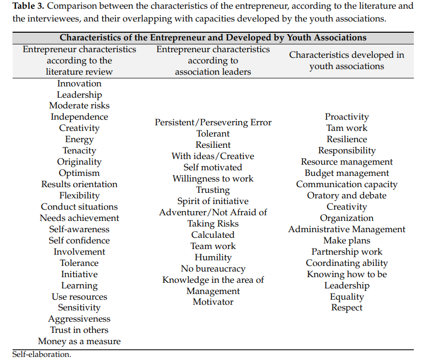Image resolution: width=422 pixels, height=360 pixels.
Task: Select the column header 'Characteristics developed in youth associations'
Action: [x=346, y=60]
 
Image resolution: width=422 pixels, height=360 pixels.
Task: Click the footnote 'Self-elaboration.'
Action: [x=42, y=354]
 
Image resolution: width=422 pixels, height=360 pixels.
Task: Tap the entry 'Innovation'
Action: [x=79, y=83]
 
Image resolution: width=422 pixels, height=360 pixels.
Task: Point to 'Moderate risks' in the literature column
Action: [x=79, y=106]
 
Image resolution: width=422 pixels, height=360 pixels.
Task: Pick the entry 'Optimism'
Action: [x=79, y=173]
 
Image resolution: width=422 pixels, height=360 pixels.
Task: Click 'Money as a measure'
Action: [x=79, y=341]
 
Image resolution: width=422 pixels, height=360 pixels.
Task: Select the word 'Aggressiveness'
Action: [x=79, y=319]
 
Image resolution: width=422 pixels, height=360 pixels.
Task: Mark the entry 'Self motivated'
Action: [x=213, y=167]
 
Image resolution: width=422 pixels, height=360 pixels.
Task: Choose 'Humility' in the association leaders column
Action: [x=213, y=257]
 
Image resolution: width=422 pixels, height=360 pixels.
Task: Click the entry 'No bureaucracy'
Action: [x=213, y=268]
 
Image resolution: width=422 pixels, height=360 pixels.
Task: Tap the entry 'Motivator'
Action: [x=213, y=302]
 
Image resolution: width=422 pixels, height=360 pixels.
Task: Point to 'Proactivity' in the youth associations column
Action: [x=346, y=117]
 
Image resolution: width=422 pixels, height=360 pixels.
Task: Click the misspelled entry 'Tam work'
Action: [x=346, y=128]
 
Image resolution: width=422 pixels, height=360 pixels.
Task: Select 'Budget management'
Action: [x=346, y=173]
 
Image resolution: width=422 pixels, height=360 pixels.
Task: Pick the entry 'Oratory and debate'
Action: [x=346, y=195]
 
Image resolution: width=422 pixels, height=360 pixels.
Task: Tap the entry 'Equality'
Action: [x=346, y=297]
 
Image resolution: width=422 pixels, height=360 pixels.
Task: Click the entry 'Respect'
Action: [x=346, y=307]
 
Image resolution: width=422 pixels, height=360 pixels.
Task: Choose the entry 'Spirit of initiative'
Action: [x=213, y=201]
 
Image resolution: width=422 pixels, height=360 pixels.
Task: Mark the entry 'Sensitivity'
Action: [x=79, y=307]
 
